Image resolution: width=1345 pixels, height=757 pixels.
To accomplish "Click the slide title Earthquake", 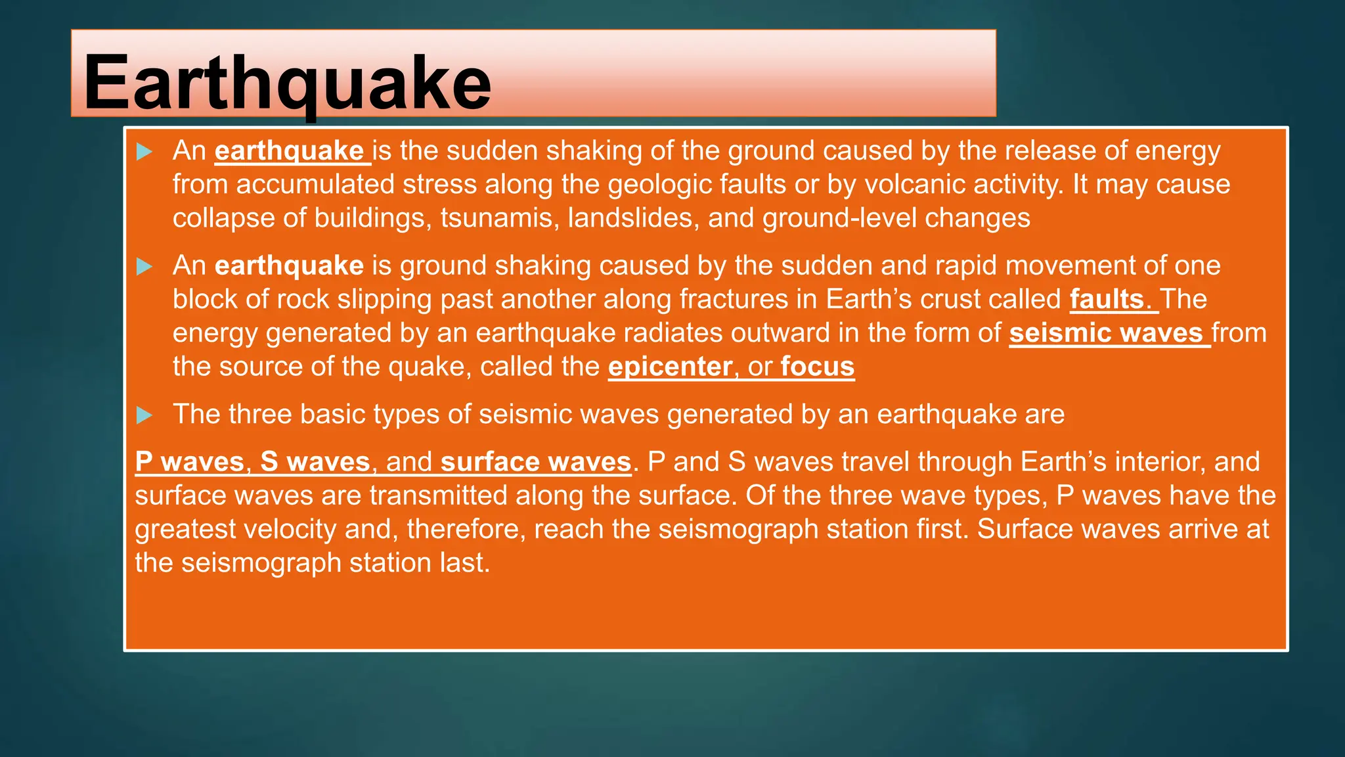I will pyautogui.click(x=287, y=83).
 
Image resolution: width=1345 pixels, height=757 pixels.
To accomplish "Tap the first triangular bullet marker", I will pyautogui.click(x=144, y=152).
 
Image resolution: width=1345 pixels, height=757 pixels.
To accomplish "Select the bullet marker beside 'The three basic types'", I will pyautogui.click(x=144, y=415).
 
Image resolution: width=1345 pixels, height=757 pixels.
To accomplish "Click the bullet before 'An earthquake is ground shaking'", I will pyautogui.click(x=144, y=267).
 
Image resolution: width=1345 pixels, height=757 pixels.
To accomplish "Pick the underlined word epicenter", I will pyautogui.click(x=670, y=367).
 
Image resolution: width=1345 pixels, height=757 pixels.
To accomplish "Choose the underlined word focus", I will pyautogui.click(x=818, y=367).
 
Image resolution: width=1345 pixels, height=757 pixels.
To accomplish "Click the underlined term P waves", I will pyautogui.click(x=190, y=462).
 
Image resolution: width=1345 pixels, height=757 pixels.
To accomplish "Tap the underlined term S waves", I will pyautogui.click(x=315, y=462).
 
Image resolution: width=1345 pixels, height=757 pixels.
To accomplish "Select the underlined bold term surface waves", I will pyautogui.click(x=536, y=462).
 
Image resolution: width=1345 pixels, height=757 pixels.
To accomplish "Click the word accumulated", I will pyautogui.click(x=315, y=185).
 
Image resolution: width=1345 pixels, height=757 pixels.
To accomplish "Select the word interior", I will pyautogui.click(x=1159, y=462).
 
